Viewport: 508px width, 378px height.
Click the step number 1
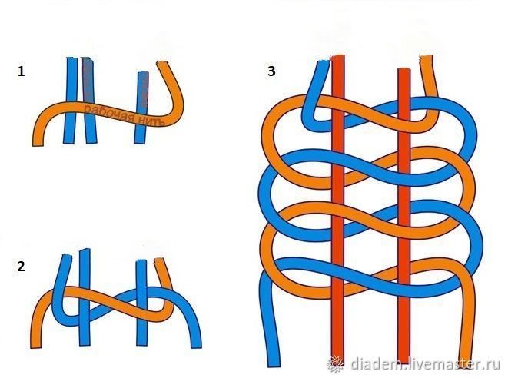click(x=21, y=72)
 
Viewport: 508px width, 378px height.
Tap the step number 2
click(x=21, y=267)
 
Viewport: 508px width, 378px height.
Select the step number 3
click(x=271, y=71)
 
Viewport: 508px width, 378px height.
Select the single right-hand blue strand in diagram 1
click(x=141, y=108)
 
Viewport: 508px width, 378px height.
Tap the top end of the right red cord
click(x=403, y=73)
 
